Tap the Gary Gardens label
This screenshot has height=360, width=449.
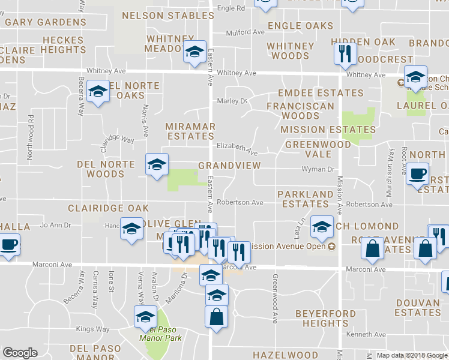(46, 22)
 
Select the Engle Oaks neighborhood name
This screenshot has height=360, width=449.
(300, 26)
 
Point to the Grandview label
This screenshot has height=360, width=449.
(229, 165)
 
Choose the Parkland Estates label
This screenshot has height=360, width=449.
(305, 199)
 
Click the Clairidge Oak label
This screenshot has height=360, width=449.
(108, 208)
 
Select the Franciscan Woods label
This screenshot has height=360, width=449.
(301, 110)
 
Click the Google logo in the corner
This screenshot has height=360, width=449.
(20, 353)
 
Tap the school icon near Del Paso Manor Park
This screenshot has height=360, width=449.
(145, 317)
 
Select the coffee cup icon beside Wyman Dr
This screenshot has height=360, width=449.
(418, 173)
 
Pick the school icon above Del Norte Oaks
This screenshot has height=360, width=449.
(98, 91)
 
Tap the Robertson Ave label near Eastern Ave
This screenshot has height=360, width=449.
(240, 203)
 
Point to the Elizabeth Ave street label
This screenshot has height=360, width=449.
(237, 146)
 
